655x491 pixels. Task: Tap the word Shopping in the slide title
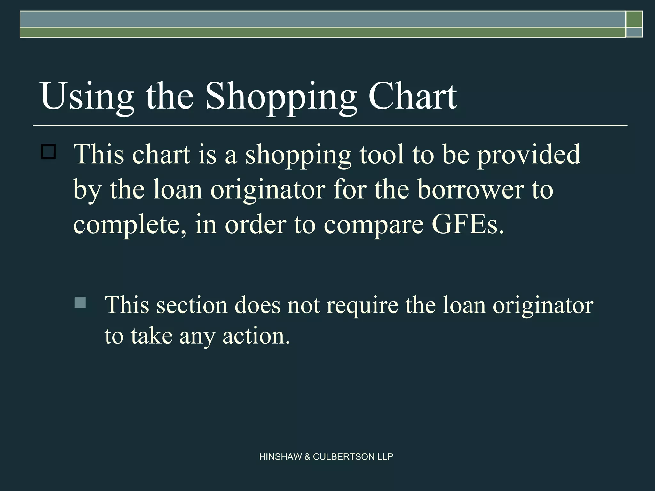[x=281, y=97]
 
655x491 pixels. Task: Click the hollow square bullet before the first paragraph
[x=48, y=152]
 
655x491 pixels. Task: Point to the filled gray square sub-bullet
[x=80, y=302]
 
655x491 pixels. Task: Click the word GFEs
[x=468, y=224]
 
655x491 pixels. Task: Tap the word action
[x=256, y=336]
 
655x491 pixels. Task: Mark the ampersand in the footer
[x=307, y=457]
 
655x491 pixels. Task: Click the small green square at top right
[x=634, y=19]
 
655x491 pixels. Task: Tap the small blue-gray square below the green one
[x=634, y=32]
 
